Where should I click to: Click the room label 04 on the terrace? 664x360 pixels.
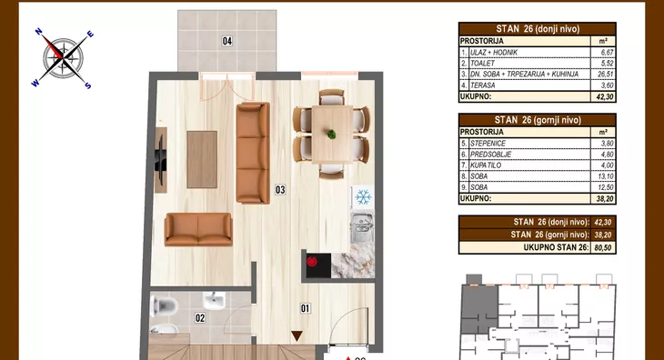point(227,41)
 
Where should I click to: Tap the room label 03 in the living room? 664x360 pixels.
point(280,190)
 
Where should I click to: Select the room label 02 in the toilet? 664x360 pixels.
point(200,317)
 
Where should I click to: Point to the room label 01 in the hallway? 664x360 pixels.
point(306,309)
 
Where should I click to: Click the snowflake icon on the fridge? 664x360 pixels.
point(363,197)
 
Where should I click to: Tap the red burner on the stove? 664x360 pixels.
point(312,262)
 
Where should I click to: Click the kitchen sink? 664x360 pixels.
point(362,227)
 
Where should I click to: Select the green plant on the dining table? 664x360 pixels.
point(332,135)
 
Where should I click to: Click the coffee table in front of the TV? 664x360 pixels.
point(202,159)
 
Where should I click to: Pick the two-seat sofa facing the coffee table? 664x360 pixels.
point(198,229)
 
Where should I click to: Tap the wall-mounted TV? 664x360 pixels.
point(160,160)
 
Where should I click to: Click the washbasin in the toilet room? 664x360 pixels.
point(214,301)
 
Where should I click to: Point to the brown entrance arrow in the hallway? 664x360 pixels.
point(297,335)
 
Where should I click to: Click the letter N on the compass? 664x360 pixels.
point(38,31)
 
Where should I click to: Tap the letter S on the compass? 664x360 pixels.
point(87,85)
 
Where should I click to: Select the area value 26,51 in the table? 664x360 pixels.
point(607,74)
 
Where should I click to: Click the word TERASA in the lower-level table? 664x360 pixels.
point(483,85)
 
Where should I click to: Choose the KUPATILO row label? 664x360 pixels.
point(486,165)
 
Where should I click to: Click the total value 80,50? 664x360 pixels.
point(602,247)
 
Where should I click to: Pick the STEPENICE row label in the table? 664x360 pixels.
point(488,144)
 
